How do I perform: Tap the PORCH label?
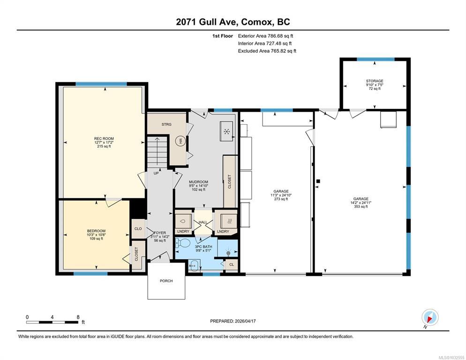[166, 281]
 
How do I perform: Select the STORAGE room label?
[375, 81]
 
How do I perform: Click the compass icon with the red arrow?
[430, 318]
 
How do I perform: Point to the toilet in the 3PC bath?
[183, 243]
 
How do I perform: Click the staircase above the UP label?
[157, 152]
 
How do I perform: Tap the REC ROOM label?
[104, 139]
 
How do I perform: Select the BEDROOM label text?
[96, 231]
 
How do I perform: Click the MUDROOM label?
[198, 182]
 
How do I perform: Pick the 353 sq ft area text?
[361, 207]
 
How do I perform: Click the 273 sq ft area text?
[281, 199]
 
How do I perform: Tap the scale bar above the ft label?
[53, 322]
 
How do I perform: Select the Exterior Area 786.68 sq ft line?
[265, 36]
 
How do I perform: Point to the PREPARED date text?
[233, 321]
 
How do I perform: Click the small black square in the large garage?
[318, 181]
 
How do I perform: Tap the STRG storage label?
[166, 124]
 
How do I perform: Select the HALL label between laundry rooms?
[203, 222]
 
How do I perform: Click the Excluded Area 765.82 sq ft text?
[267, 51]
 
